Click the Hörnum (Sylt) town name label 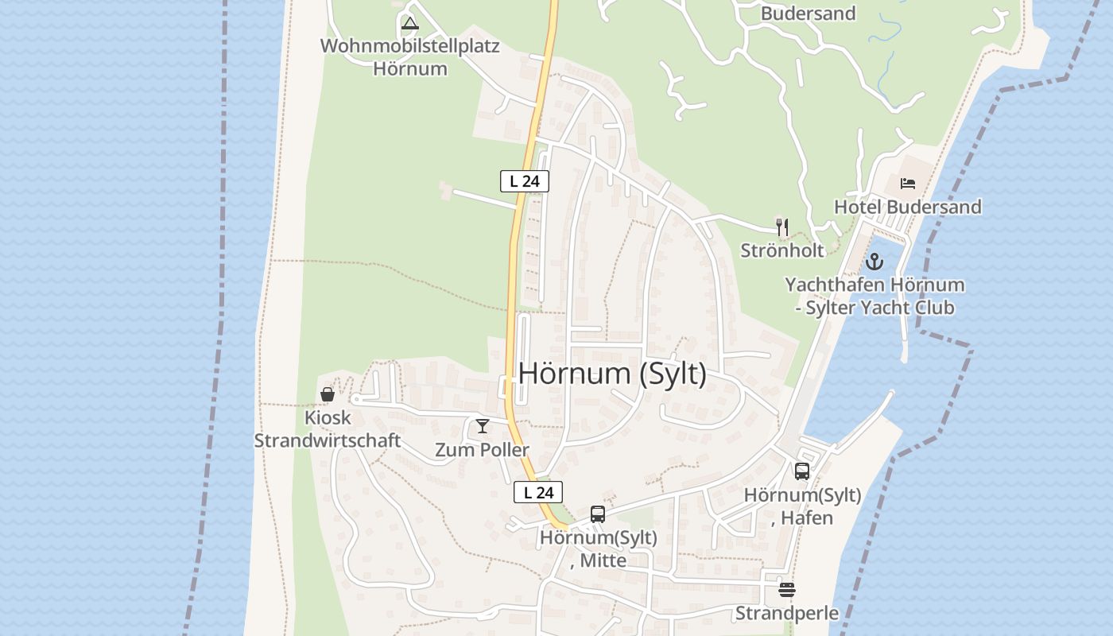click(x=612, y=373)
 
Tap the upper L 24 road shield click(x=525, y=181)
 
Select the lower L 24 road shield click(x=538, y=492)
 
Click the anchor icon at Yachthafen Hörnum click(x=874, y=261)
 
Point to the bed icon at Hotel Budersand click(x=908, y=184)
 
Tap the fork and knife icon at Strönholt click(x=782, y=227)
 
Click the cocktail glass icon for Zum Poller click(x=482, y=426)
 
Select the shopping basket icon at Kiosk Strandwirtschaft click(x=327, y=394)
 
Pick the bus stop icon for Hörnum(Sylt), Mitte click(x=598, y=514)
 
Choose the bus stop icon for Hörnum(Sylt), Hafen click(x=802, y=471)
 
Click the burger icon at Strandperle click(x=787, y=589)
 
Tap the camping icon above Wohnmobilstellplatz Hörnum click(x=410, y=23)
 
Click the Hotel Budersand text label click(x=907, y=207)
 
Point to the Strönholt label click(x=782, y=250)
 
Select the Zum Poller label click(x=482, y=450)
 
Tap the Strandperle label click(x=787, y=613)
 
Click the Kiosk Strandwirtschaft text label click(x=328, y=429)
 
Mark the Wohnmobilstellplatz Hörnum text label click(x=410, y=56)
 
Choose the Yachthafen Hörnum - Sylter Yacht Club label click(x=874, y=296)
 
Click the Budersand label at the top click(x=808, y=14)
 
